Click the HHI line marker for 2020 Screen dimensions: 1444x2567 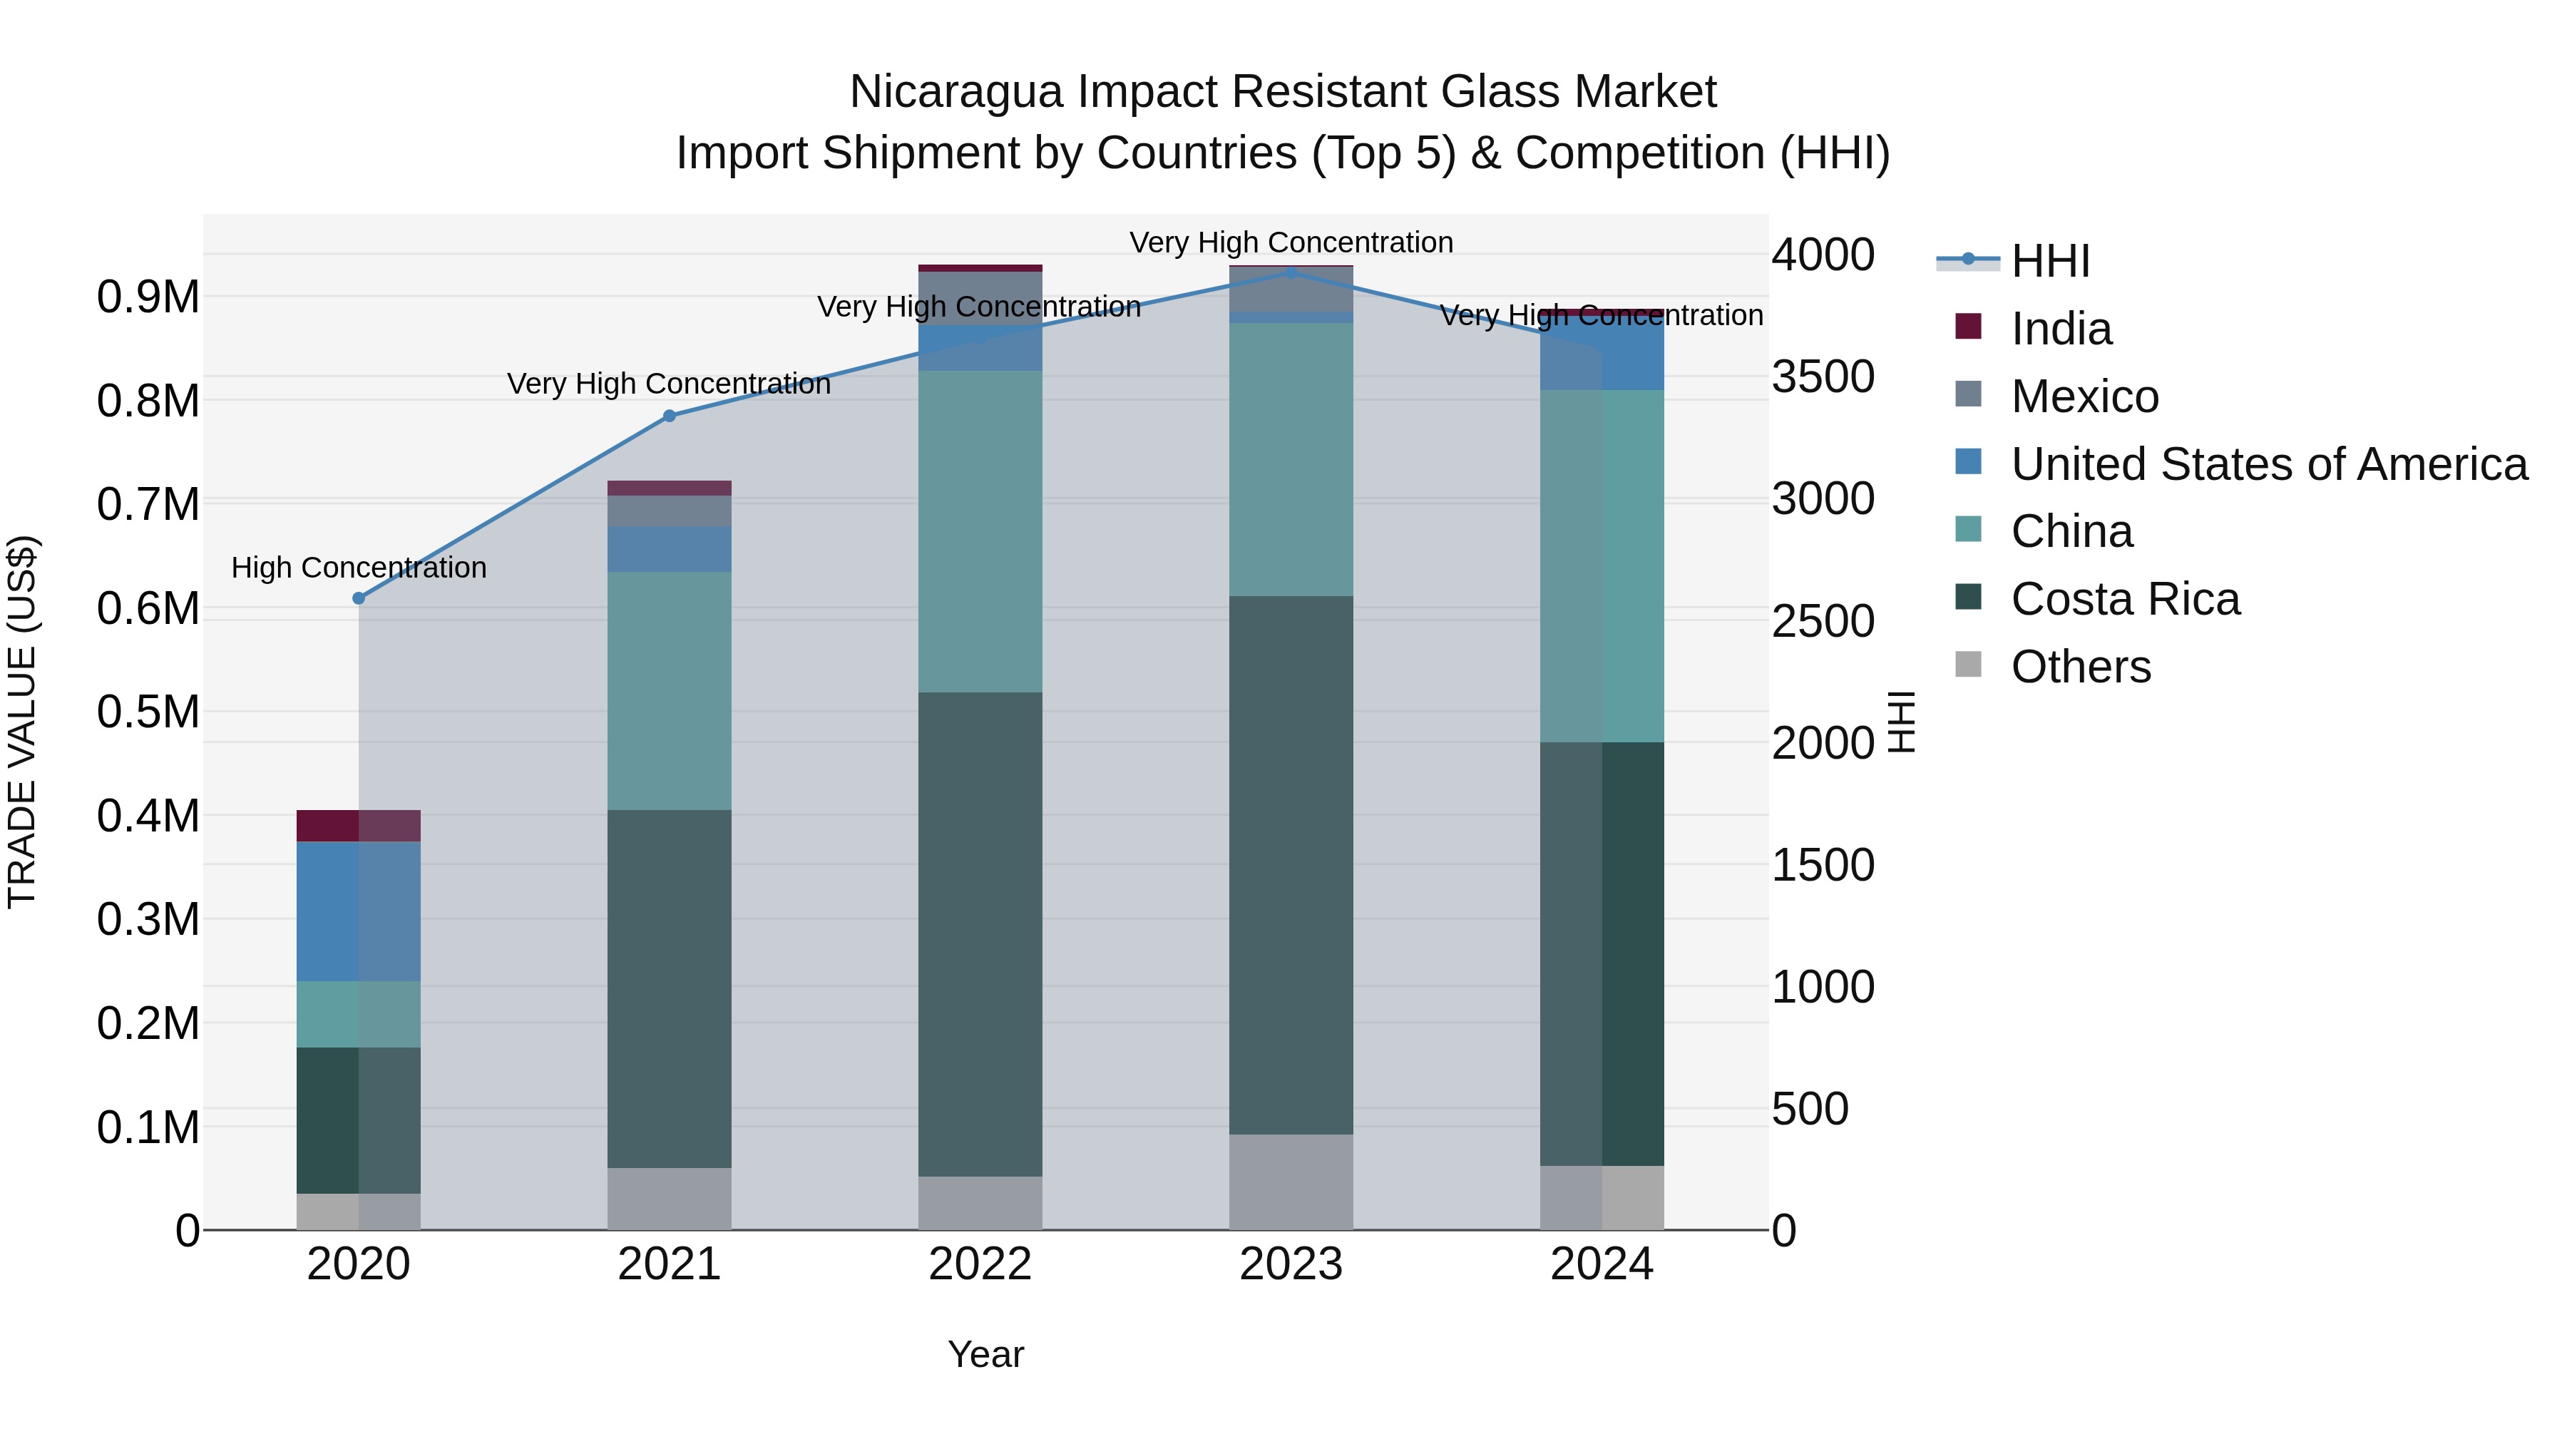click(359, 598)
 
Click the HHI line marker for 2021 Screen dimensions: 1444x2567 click(670, 416)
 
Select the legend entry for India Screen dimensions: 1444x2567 click(2060, 329)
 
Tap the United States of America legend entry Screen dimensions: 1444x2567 click(2268, 464)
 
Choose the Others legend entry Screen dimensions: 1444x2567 click(2080, 667)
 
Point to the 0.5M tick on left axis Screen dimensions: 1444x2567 click(148, 712)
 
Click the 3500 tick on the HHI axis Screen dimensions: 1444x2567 click(1823, 377)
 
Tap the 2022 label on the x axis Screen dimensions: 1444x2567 click(980, 1264)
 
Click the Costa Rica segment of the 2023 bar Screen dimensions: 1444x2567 click(1291, 864)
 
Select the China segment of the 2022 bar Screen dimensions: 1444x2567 click(980, 531)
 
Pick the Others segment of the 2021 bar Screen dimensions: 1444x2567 click(670, 1199)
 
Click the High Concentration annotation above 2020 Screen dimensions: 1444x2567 click(359, 568)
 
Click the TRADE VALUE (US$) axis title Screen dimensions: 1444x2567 click(22, 722)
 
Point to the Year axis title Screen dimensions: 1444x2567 click(985, 1354)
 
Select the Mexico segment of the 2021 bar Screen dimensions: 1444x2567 click(670, 511)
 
